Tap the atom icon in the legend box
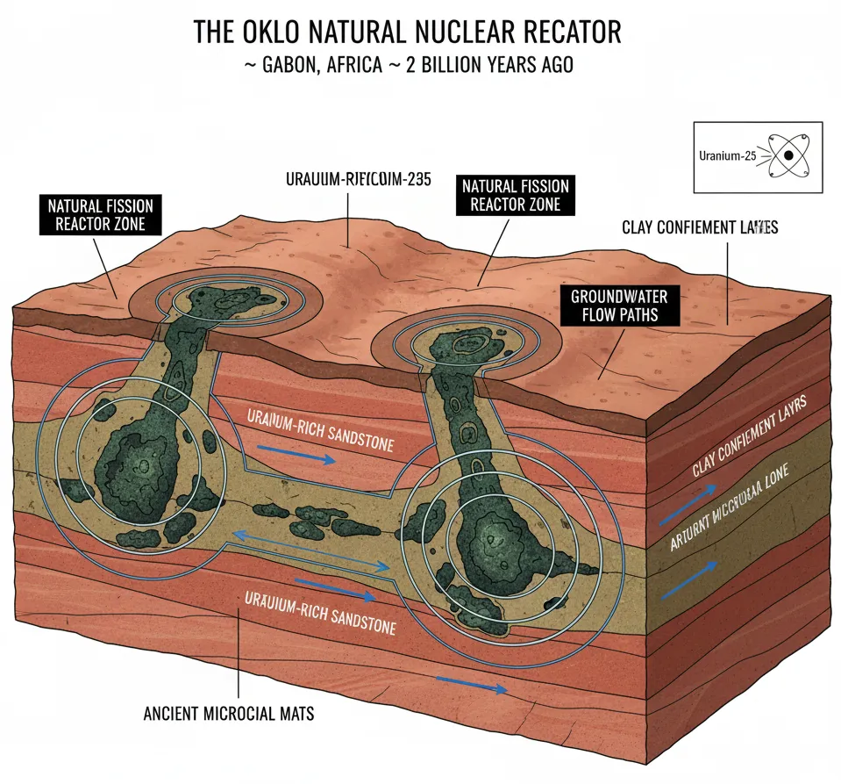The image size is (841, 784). (788, 155)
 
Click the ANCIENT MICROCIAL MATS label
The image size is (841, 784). (228, 713)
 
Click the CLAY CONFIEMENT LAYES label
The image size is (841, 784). (699, 228)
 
